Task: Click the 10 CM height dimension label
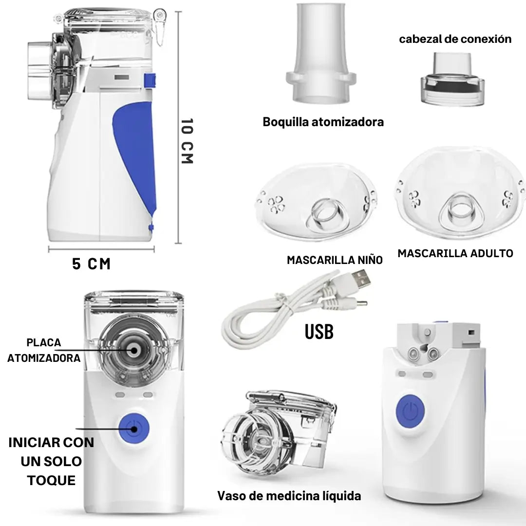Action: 187,141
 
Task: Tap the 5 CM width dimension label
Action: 91,263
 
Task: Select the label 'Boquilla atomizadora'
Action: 323,122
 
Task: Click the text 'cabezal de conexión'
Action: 455,39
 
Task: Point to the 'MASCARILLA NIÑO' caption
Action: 335,260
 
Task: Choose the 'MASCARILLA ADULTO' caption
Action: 455,253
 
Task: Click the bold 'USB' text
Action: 319,332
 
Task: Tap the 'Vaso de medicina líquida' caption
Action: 289,496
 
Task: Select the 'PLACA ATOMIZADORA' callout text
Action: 44,350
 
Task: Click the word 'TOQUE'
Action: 51,480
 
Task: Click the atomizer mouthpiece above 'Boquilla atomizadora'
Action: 320,53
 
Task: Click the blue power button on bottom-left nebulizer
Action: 134,428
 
